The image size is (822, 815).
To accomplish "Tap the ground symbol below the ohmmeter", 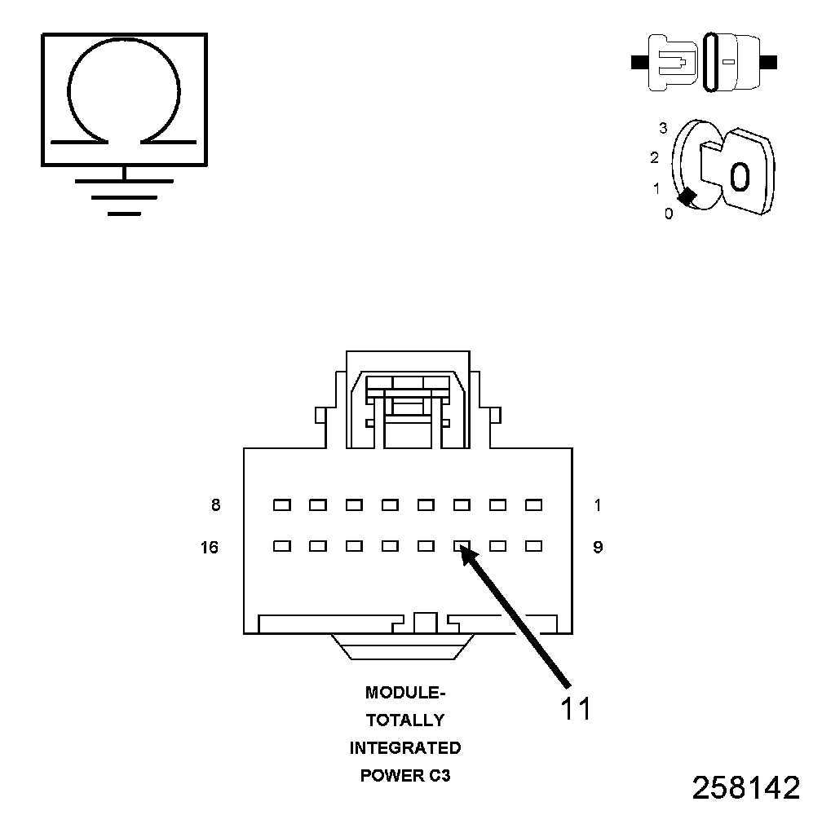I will (124, 196).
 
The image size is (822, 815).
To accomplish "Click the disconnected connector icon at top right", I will (705, 62).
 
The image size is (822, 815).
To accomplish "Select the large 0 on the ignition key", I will (739, 176).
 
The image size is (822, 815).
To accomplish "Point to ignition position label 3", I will (663, 128).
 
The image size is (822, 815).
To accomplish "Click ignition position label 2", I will (655, 157).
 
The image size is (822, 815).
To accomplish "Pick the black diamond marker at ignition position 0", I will (687, 196).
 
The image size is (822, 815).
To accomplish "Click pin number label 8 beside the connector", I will (215, 505).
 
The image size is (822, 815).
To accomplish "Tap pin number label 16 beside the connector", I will (210, 548).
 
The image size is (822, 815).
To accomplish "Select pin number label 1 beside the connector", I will (598, 505).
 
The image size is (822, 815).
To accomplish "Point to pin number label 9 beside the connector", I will (598, 548).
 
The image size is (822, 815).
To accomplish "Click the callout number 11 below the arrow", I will (575, 708).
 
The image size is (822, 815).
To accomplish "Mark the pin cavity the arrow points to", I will (462, 546).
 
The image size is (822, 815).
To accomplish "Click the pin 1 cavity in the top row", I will (533, 505).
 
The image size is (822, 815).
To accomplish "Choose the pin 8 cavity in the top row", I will (282, 505).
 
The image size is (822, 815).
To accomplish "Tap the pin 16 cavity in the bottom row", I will (282, 546).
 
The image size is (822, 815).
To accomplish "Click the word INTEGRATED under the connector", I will (405, 747).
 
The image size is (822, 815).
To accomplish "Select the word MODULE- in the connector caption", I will (405, 694).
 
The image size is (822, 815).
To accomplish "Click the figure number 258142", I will (745, 787).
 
